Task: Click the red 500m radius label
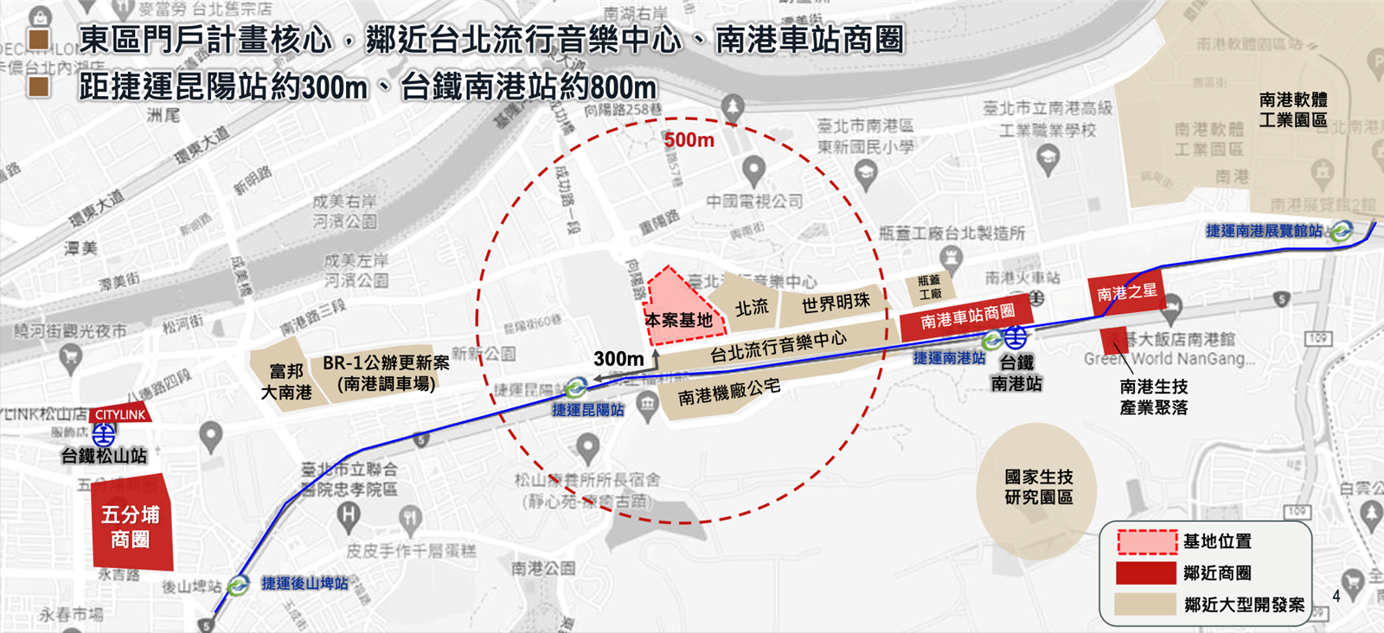689,140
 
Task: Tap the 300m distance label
618,358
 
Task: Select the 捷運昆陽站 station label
588,410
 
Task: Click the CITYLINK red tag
120,414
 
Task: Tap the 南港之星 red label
1126,293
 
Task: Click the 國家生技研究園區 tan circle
1038,487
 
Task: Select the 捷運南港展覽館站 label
1264,231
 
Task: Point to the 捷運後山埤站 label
304,584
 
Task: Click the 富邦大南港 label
286,381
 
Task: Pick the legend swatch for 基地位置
1147,541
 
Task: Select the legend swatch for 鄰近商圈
1147,572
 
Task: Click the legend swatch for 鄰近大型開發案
1147,604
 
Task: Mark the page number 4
1336,596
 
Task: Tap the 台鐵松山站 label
103,455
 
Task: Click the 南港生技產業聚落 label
1153,397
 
